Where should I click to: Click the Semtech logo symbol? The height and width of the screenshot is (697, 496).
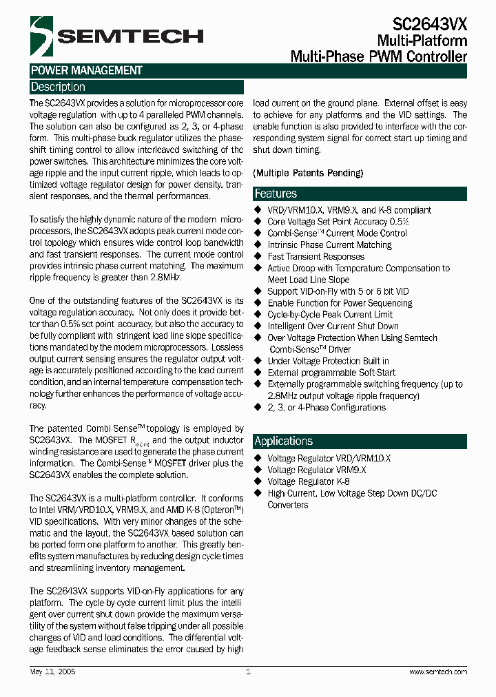[x=41, y=35]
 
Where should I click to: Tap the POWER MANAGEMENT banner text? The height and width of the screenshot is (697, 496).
[x=86, y=70]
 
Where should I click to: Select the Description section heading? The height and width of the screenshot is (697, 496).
[x=58, y=87]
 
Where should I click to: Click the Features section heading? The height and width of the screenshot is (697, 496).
[x=276, y=194]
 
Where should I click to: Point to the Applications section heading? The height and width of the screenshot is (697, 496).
[x=283, y=441]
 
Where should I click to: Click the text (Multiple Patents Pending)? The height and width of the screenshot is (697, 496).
[x=308, y=173]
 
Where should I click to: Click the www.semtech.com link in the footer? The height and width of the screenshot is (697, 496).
[x=438, y=672]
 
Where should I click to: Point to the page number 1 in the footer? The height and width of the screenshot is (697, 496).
[x=248, y=672]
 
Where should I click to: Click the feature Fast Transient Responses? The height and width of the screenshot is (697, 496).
[x=316, y=256]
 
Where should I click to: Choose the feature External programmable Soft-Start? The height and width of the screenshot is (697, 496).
[x=331, y=373]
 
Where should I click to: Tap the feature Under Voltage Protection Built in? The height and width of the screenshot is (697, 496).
[x=328, y=361]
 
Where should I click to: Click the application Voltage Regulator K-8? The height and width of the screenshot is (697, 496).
[x=308, y=481]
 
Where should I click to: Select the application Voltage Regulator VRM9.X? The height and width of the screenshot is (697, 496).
[x=316, y=470]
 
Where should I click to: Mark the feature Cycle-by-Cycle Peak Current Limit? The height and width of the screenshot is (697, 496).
[x=330, y=314]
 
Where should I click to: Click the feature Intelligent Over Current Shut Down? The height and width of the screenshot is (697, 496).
[x=333, y=326]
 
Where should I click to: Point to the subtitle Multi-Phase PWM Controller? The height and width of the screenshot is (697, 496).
[x=378, y=56]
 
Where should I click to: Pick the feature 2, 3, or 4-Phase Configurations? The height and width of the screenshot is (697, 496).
[x=326, y=407]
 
